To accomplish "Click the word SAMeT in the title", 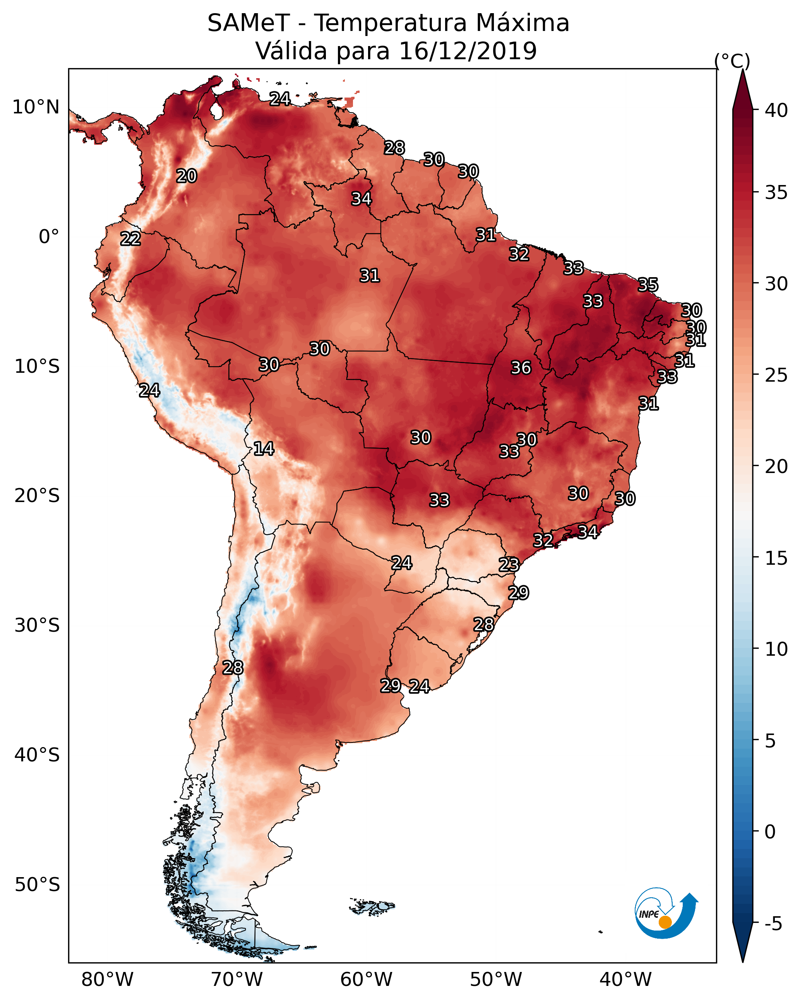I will tap(248, 23).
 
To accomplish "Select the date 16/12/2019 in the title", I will tap(468, 51).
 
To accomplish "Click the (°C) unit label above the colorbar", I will tap(732, 61).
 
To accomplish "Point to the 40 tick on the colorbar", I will tap(776, 110).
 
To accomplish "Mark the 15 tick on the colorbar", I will tap(776, 558).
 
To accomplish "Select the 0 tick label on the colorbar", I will tap(770, 833).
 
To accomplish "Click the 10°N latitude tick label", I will tap(36, 107).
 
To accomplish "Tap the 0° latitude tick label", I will tap(49, 237).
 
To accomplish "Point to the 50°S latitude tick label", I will tap(37, 885).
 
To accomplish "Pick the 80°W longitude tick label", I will tap(107, 980).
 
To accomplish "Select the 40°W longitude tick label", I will tap(625, 980).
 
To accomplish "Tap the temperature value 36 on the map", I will tap(521, 368).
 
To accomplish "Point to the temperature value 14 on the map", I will tap(263, 449).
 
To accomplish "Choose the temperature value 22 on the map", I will tap(130, 239).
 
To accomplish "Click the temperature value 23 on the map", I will tap(509, 565).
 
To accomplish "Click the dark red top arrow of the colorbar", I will tap(742, 91).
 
